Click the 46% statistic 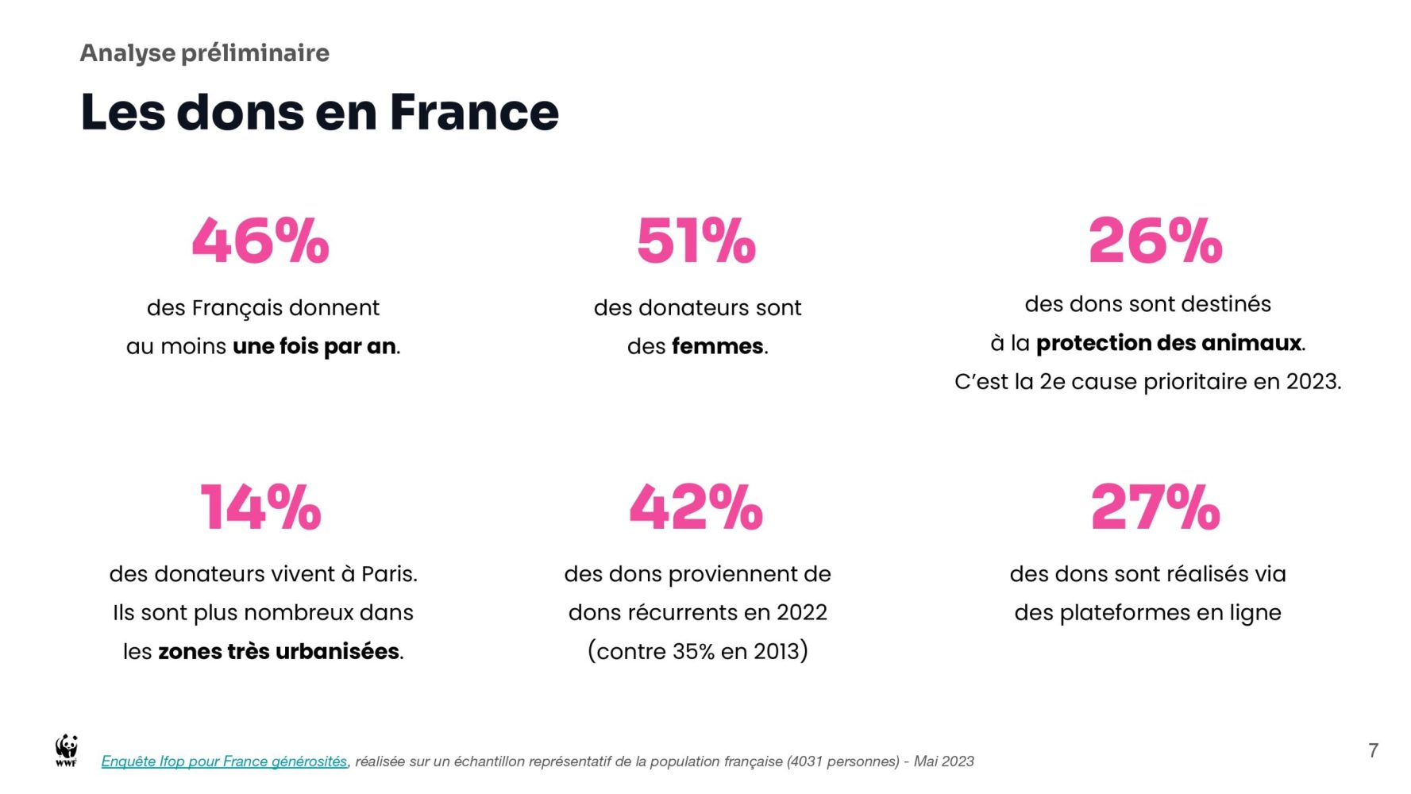[260, 241]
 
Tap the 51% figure [696, 241]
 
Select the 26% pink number [1155, 241]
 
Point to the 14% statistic [260, 507]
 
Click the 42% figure [696, 507]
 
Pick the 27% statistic [1155, 507]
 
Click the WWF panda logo [67, 750]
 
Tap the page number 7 [1373, 750]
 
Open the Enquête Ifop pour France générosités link [224, 761]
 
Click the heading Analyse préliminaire [204, 53]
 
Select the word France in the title [474, 112]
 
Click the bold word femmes [717, 346]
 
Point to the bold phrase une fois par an [314, 346]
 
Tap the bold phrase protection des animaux [1169, 343]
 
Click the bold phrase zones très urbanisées [279, 651]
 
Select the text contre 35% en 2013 [698, 651]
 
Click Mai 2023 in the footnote [943, 761]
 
